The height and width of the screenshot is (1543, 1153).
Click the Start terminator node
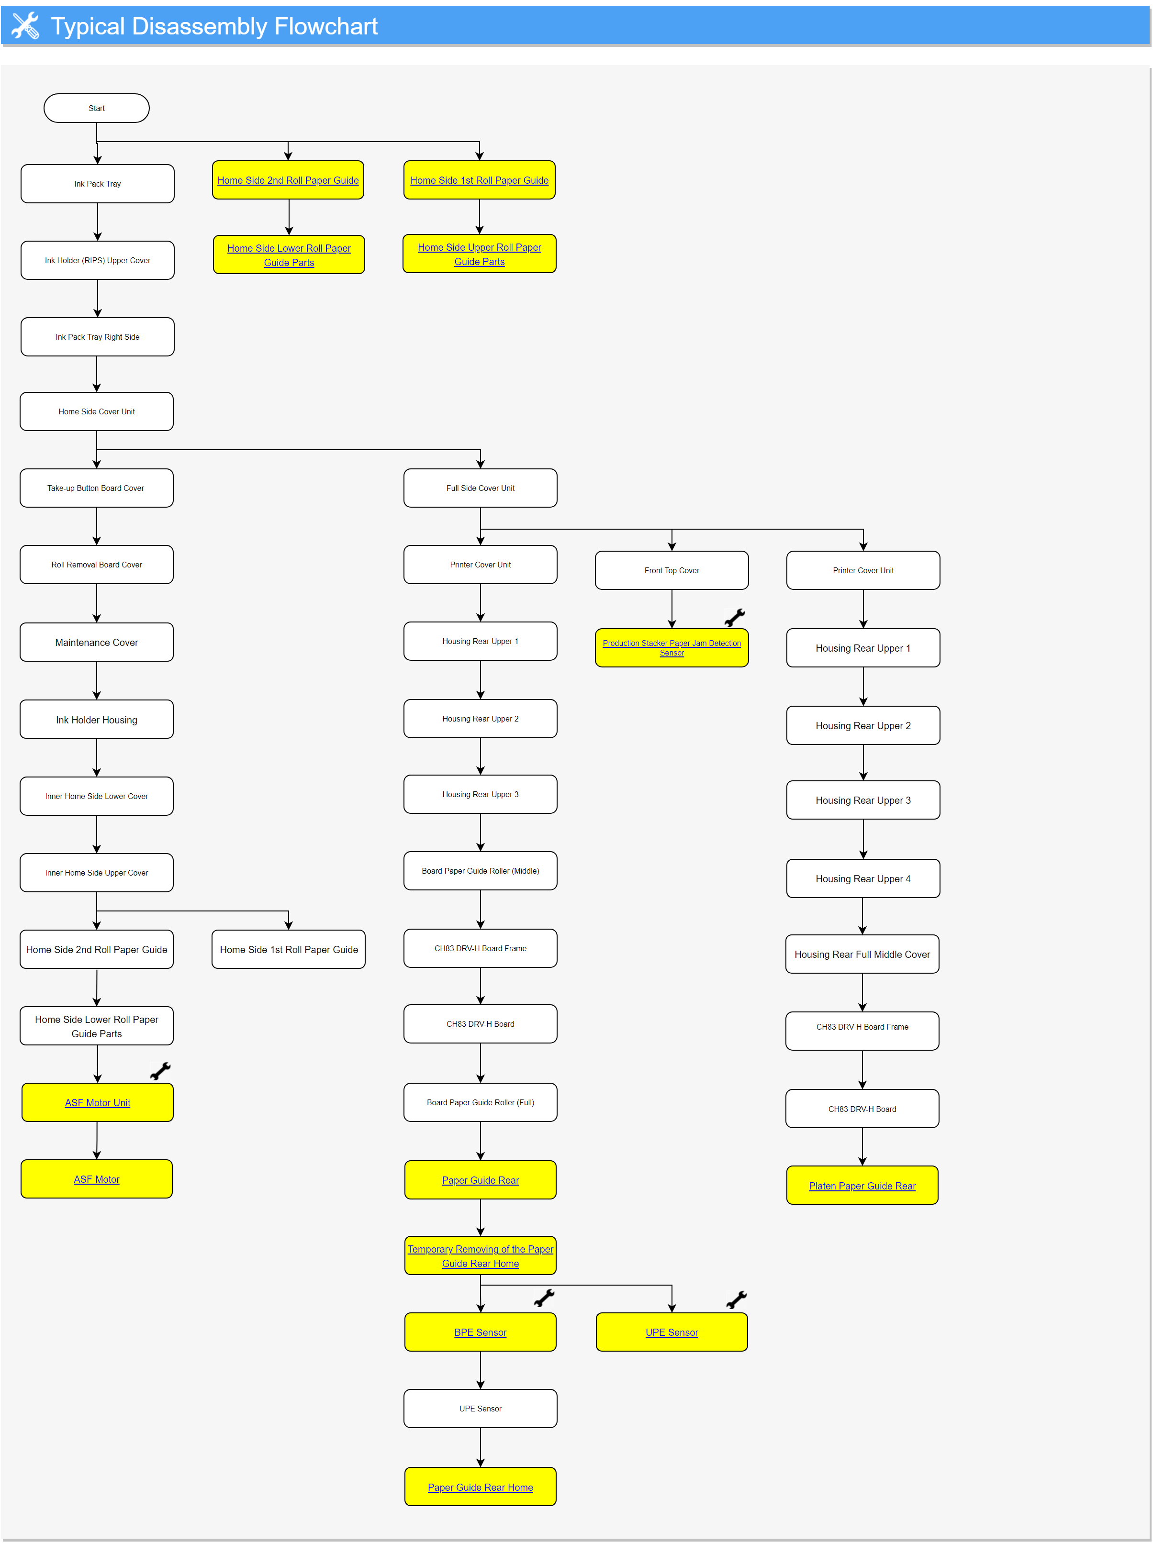[x=96, y=108]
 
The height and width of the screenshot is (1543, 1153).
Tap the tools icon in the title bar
[x=25, y=26]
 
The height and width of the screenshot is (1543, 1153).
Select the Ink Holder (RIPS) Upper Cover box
[x=98, y=260]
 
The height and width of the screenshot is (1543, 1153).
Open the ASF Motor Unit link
[x=98, y=1102]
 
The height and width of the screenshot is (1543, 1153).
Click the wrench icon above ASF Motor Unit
[x=160, y=1071]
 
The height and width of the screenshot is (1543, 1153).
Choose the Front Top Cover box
[x=672, y=570]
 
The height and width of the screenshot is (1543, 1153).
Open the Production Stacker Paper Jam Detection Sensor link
[x=672, y=647]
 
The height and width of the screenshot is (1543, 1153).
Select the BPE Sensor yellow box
[x=480, y=1332]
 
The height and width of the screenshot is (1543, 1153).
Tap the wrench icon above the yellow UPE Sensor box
[x=736, y=1299]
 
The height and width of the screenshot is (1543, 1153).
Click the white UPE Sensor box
[x=480, y=1409]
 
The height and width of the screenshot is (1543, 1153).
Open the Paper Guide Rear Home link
[x=480, y=1487]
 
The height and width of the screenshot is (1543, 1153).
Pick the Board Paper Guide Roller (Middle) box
[x=480, y=871]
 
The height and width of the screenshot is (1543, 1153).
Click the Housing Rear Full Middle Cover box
[x=862, y=954]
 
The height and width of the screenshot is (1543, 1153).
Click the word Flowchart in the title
[x=326, y=26]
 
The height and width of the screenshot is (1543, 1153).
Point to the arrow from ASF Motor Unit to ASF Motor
[x=97, y=1141]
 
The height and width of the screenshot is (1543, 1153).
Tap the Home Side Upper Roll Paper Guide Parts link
[x=480, y=254]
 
